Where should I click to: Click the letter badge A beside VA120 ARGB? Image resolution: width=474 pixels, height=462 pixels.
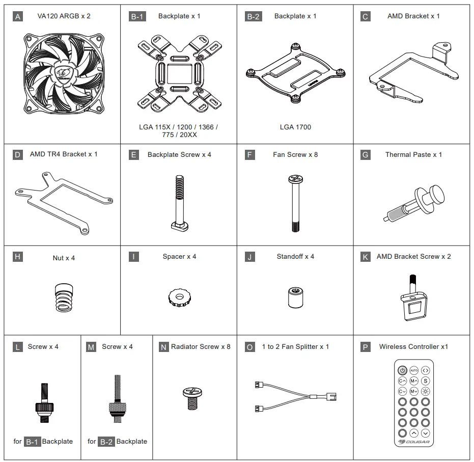click(x=18, y=17)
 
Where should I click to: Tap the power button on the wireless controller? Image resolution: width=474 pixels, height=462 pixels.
click(x=402, y=370)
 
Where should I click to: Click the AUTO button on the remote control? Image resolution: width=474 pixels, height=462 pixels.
click(x=413, y=370)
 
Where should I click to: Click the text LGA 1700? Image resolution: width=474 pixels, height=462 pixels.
click(x=295, y=127)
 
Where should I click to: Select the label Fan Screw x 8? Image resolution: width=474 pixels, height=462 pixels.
click(x=295, y=154)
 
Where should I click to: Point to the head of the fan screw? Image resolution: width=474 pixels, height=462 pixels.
click(x=295, y=179)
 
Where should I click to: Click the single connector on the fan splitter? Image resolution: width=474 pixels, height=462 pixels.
click(x=331, y=396)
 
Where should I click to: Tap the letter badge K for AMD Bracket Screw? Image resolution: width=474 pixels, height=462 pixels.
click(x=365, y=257)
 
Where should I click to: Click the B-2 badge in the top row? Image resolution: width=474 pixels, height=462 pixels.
click(x=254, y=17)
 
